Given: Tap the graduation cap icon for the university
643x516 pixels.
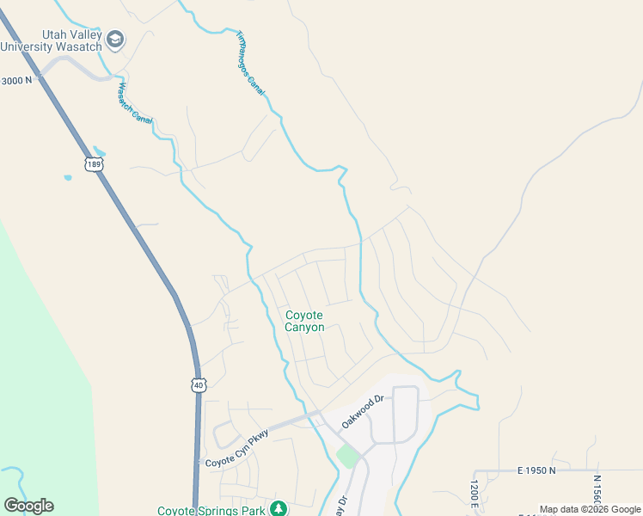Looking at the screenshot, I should coord(115,40).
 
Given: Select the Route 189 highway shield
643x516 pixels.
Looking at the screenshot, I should coord(94,163).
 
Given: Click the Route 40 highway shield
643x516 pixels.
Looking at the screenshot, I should coord(199,386).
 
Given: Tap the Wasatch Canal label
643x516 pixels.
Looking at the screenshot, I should coord(134,102).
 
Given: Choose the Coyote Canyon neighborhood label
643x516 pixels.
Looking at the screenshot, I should coord(304,321).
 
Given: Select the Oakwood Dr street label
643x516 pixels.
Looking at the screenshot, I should coord(361,412).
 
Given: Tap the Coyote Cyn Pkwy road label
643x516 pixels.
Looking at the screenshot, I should coord(237,445).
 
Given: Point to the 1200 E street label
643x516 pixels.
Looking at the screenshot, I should coord(474,494).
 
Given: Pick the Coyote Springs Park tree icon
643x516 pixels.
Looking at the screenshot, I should coord(278,509).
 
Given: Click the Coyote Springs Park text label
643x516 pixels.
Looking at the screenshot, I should coord(211,510).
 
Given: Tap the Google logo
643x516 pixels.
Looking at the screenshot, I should coord(28,506).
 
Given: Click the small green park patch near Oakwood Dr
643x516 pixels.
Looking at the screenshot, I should coord(347,456).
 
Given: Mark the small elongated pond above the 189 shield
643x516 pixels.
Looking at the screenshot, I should coord(100,150).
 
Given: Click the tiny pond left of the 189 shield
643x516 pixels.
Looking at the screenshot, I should coord(68,178).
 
